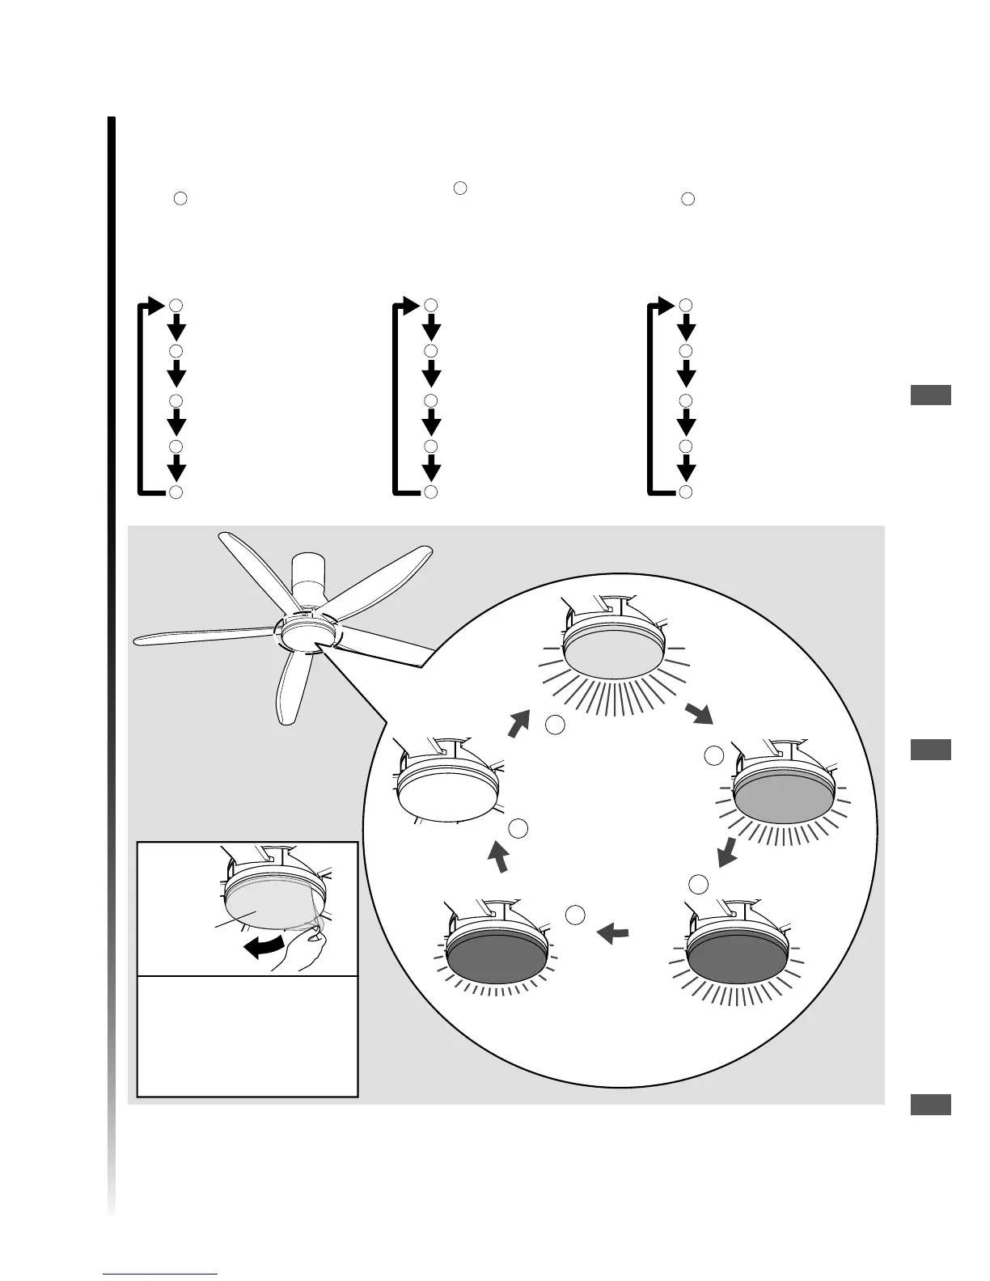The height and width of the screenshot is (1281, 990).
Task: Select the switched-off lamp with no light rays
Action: tap(447, 784)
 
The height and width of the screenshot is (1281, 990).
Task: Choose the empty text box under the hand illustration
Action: tap(247, 1036)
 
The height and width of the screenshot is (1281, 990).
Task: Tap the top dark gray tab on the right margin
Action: tap(930, 395)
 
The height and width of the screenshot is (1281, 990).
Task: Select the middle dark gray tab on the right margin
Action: tap(930, 750)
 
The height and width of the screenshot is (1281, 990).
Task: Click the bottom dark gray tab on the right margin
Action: tap(930, 1105)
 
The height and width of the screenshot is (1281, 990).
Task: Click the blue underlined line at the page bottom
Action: tap(161, 1275)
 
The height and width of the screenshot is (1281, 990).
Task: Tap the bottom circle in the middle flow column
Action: tap(431, 492)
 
